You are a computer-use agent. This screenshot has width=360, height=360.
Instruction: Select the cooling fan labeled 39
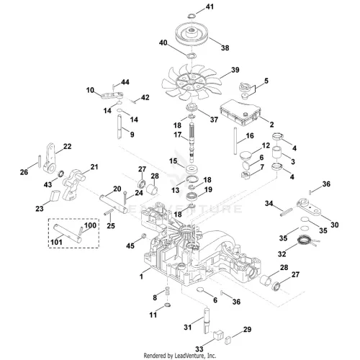(x=191, y=82)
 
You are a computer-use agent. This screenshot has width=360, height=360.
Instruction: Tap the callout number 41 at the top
(x=210, y=6)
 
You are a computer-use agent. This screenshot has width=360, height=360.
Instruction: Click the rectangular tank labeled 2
(x=240, y=113)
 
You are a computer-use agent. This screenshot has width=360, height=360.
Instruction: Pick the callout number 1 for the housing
(x=141, y=276)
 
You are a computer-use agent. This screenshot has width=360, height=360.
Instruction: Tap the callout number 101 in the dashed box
(x=56, y=242)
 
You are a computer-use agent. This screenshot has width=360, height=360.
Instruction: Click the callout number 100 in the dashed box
(x=90, y=225)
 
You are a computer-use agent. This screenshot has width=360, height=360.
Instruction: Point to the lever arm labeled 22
(x=50, y=158)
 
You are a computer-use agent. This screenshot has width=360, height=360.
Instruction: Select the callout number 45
(x=130, y=246)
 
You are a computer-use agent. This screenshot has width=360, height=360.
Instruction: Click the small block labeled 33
(x=218, y=335)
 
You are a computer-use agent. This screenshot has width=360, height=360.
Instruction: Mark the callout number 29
(x=247, y=330)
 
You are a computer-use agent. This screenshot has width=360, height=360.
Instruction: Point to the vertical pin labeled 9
(x=120, y=127)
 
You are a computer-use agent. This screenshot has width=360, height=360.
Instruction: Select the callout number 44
(x=125, y=82)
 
